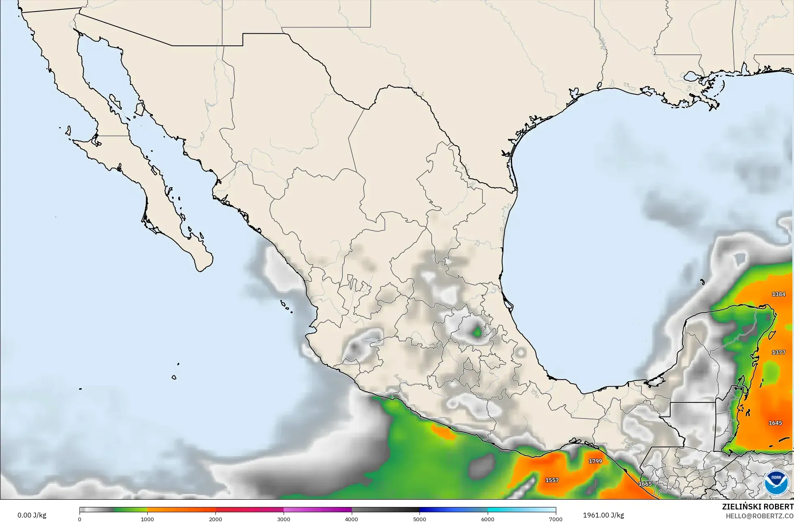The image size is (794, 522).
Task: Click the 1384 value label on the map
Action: (778, 294)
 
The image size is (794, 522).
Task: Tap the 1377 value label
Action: (778, 352)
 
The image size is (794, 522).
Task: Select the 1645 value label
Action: (775, 423)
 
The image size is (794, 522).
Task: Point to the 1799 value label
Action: (595, 461)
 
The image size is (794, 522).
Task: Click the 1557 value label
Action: (552, 480)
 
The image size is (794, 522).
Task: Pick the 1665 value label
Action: (645, 484)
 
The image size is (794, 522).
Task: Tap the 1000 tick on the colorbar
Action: (147, 519)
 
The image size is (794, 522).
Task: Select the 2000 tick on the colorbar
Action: (215, 519)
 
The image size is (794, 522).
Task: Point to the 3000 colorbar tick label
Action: (284, 519)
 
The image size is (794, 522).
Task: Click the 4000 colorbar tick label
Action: (352, 519)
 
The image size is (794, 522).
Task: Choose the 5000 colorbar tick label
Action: (420, 519)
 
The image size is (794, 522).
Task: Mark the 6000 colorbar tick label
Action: (488, 519)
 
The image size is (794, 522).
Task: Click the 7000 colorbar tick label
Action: (555, 519)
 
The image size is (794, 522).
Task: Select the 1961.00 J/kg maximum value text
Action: (603, 515)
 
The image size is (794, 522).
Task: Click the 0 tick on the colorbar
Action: (80, 519)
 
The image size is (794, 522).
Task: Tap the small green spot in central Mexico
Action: (477, 333)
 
